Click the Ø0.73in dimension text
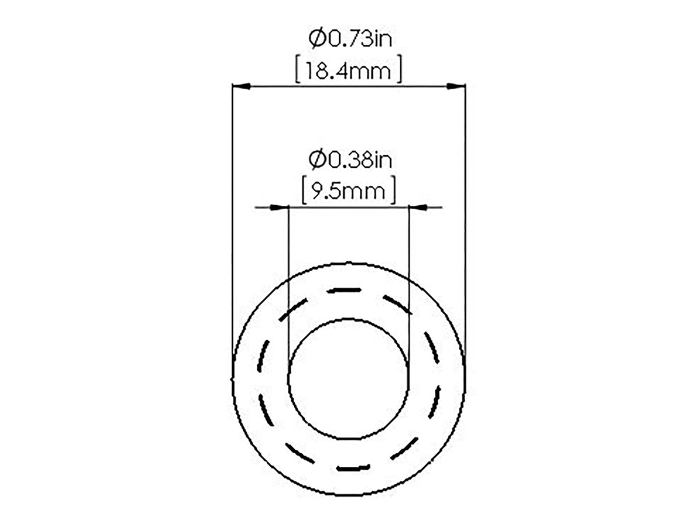(x=351, y=39)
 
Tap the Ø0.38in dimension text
(x=351, y=160)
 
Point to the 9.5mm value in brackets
(x=348, y=192)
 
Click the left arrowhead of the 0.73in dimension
(x=241, y=86)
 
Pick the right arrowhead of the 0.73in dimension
(x=456, y=86)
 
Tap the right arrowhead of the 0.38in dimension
(x=419, y=208)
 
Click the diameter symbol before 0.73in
(x=316, y=39)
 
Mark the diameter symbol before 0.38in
(x=316, y=160)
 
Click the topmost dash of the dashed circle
(x=344, y=291)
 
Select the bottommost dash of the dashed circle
(x=353, y=468)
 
